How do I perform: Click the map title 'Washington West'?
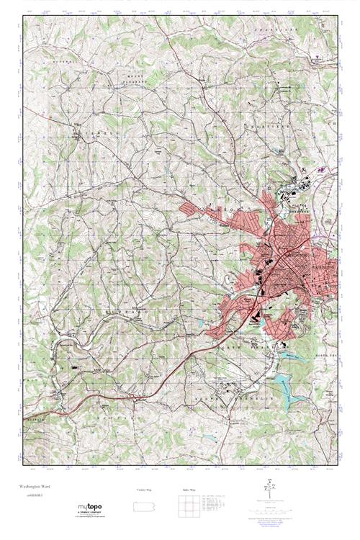(32, 486)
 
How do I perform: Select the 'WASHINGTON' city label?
(317, 267)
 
